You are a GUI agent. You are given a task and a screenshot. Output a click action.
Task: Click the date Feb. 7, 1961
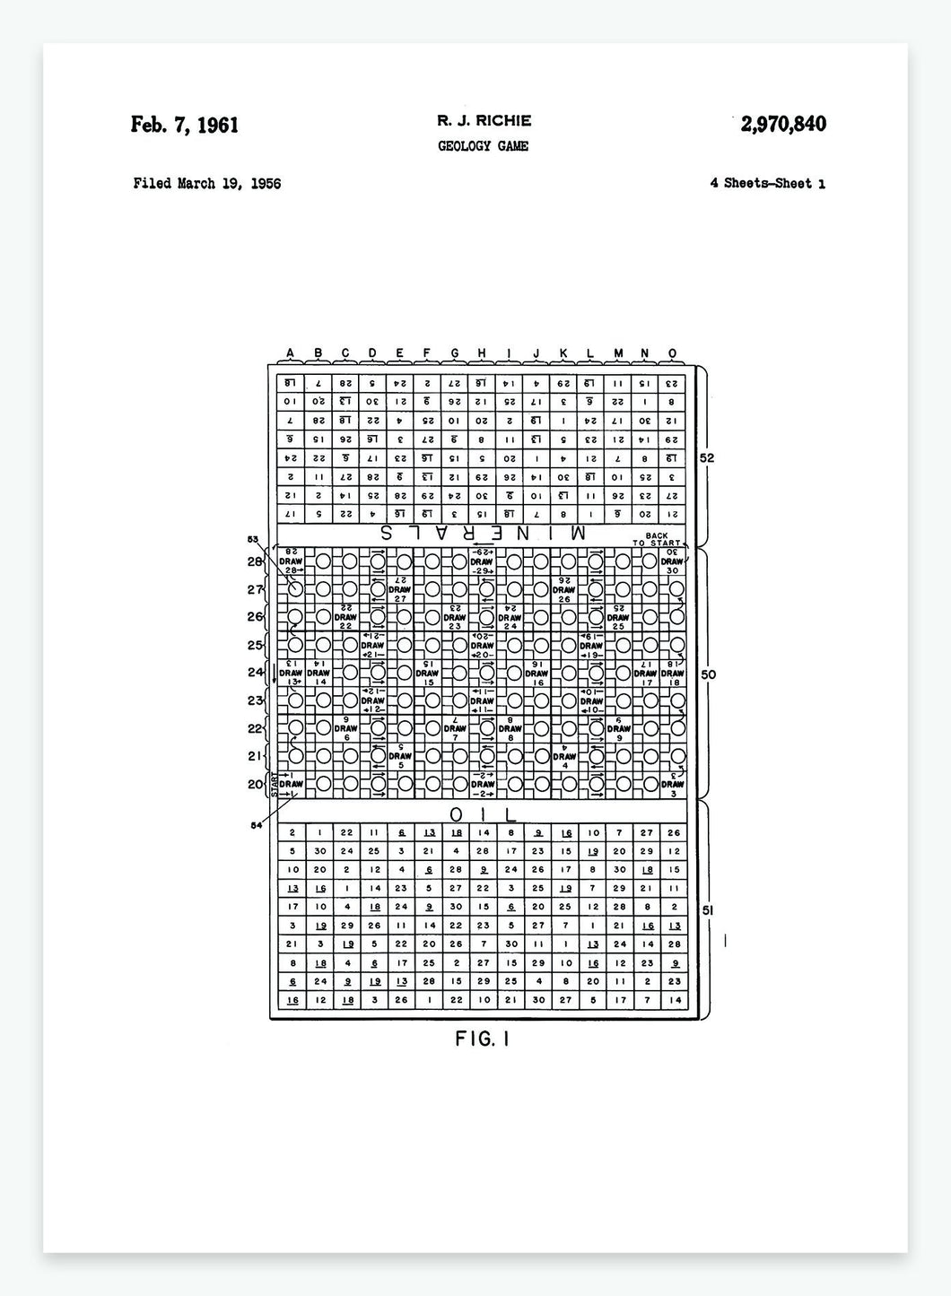click(x=185, y=125)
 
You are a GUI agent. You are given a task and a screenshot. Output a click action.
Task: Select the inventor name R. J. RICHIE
click(x=484, y=120)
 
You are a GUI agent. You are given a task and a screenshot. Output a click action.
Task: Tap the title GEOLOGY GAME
click(x=483, y=145)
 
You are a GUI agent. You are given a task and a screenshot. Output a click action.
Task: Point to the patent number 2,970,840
click(x=782, y=124)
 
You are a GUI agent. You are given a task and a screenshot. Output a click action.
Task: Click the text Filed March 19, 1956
click(x=206, y=184)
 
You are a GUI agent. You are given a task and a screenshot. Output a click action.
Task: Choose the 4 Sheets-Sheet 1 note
click(x=767, y=184)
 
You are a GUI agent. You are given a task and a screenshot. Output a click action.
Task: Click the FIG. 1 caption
click(x=483, y=1039)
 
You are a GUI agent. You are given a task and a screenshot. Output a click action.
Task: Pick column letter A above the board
click(x=290, y=352)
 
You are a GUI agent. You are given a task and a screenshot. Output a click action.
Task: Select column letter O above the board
click(x=673, y=352)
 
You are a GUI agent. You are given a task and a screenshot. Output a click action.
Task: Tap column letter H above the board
click(x=482, y=352)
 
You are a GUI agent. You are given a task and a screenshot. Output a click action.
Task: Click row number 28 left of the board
click(x=255, y=561)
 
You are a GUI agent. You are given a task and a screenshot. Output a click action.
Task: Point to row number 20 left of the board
click(x=255, y=784)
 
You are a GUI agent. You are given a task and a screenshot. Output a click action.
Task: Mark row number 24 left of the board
click(x=255, y=673)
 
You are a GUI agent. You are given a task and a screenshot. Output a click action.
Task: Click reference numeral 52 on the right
click(x=707, y=458)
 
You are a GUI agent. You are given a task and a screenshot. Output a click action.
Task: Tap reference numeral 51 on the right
click(x=707, y=910)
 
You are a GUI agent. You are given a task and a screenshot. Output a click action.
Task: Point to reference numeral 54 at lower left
click(x=257, y=825)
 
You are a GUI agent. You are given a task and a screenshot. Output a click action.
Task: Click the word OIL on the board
click(x=483, y=814)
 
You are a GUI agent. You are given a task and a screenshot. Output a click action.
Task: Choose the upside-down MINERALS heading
click(x=483, y=532)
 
